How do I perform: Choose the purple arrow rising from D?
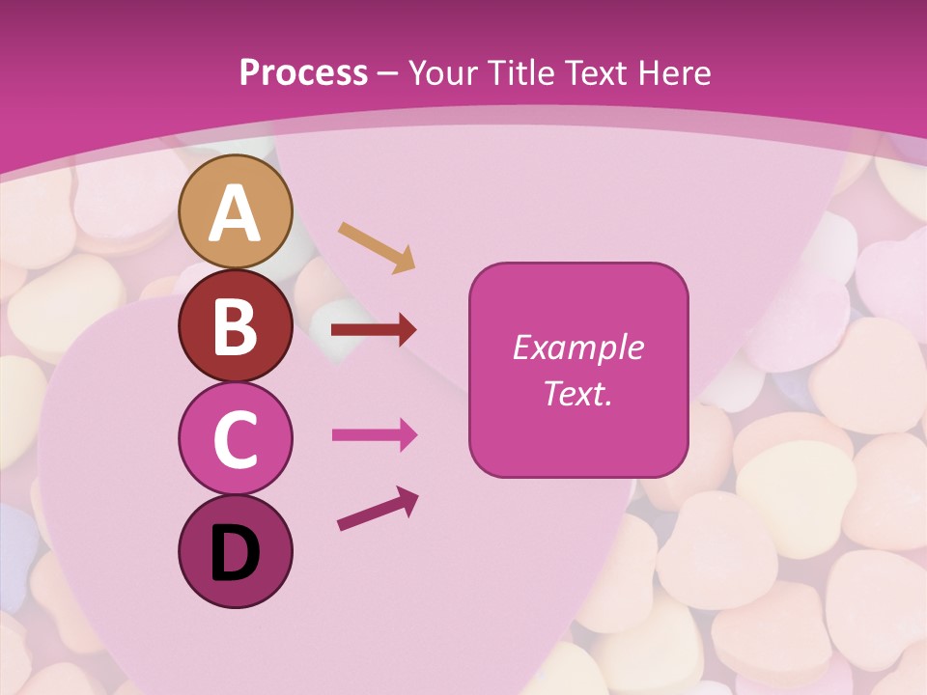click(378, 509)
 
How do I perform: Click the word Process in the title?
click(303, 72)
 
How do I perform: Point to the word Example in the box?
click(577, 347)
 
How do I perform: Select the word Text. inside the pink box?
click(577, 393)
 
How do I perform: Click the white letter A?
click(235, 213)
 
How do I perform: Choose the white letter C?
click(235, 439)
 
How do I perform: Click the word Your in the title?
click(442, 72)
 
